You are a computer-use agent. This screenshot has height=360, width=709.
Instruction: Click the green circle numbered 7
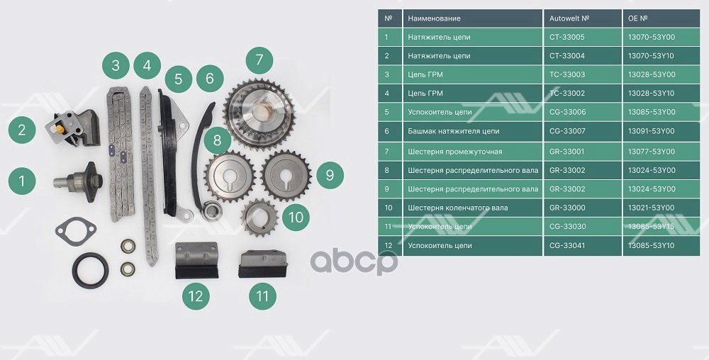(x=259, y=60)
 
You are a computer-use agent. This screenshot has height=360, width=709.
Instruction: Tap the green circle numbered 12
(x=196, y=296)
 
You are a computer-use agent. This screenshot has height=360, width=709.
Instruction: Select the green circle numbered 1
(x=22, y=181)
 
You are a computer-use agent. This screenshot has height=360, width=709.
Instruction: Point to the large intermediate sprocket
(x=259, y=113)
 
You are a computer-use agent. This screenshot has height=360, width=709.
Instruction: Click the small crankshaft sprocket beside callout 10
(x=259, y=218)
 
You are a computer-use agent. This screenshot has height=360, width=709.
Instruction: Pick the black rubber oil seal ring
(x=91, y=270)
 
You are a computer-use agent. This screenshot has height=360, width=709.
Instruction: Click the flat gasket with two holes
(x=76, y=231)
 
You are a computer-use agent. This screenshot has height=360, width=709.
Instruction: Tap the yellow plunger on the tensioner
(x=60, y=129)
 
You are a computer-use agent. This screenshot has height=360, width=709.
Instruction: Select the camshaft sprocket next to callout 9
(x=286, y=176)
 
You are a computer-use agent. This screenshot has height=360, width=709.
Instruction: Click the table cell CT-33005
(x=566, y=37)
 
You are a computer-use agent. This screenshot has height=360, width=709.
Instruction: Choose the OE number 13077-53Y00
(x=651, y=152)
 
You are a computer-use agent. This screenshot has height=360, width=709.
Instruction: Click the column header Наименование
(x=434, y=18)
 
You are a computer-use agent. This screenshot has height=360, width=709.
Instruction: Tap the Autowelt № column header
(x=569, y=18)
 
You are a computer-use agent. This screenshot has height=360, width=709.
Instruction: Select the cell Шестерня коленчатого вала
(x=457, y=208)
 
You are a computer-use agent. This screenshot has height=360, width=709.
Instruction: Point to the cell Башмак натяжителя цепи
(x=454, y=131)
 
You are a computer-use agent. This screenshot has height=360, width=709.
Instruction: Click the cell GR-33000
(x=567, y=208)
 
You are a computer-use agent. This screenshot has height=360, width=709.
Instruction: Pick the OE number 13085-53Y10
(x=651, y=246)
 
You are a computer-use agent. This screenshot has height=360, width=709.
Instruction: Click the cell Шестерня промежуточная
(x=455, y=152)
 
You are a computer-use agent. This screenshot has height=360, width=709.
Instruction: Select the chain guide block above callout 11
(x=263, y=264)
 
